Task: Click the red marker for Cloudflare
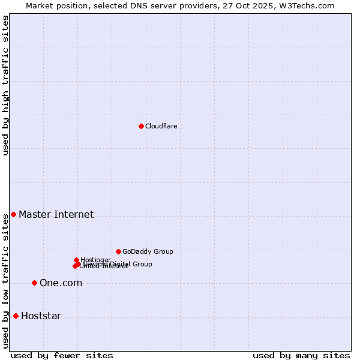(141, 126)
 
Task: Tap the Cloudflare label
(161, 126)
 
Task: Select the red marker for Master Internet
(13, 214)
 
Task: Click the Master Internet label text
(56, 214)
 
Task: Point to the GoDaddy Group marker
(118, 251)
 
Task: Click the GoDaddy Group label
(148, 251)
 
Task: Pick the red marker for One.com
(34, 283)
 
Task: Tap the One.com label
(61, 283)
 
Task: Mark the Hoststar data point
(16, 316)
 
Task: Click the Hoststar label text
(41, 316)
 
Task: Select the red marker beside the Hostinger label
(76, 260)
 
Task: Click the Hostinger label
(95, 260)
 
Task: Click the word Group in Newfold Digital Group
(142, 264)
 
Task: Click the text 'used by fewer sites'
(62, 355)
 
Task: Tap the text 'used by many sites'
(301, 355)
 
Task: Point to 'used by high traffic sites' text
(5, 85)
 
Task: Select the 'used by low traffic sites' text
(5, 281)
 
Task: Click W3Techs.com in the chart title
(310, 5)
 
